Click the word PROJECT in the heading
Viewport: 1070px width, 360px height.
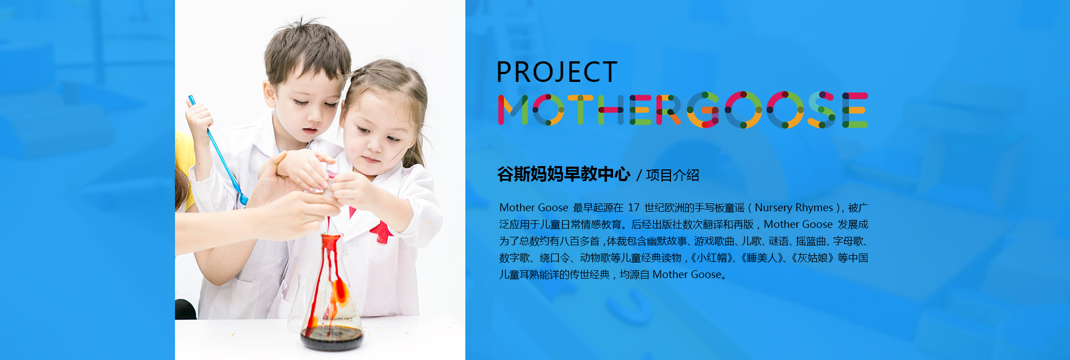point(557,72)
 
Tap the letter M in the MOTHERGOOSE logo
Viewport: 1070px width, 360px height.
point(513,110)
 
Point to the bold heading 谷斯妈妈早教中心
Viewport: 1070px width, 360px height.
point(563,174)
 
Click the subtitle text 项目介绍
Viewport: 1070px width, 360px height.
point(672,175)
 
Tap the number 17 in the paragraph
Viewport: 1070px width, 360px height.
point(633,207)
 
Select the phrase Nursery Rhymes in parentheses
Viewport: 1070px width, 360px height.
point(794,208)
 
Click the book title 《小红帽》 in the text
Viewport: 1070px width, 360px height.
point(711,257)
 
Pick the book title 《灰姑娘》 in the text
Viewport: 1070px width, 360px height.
point(811,257)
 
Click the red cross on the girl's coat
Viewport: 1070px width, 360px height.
point(382,231)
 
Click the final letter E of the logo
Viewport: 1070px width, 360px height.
point(855,110)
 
